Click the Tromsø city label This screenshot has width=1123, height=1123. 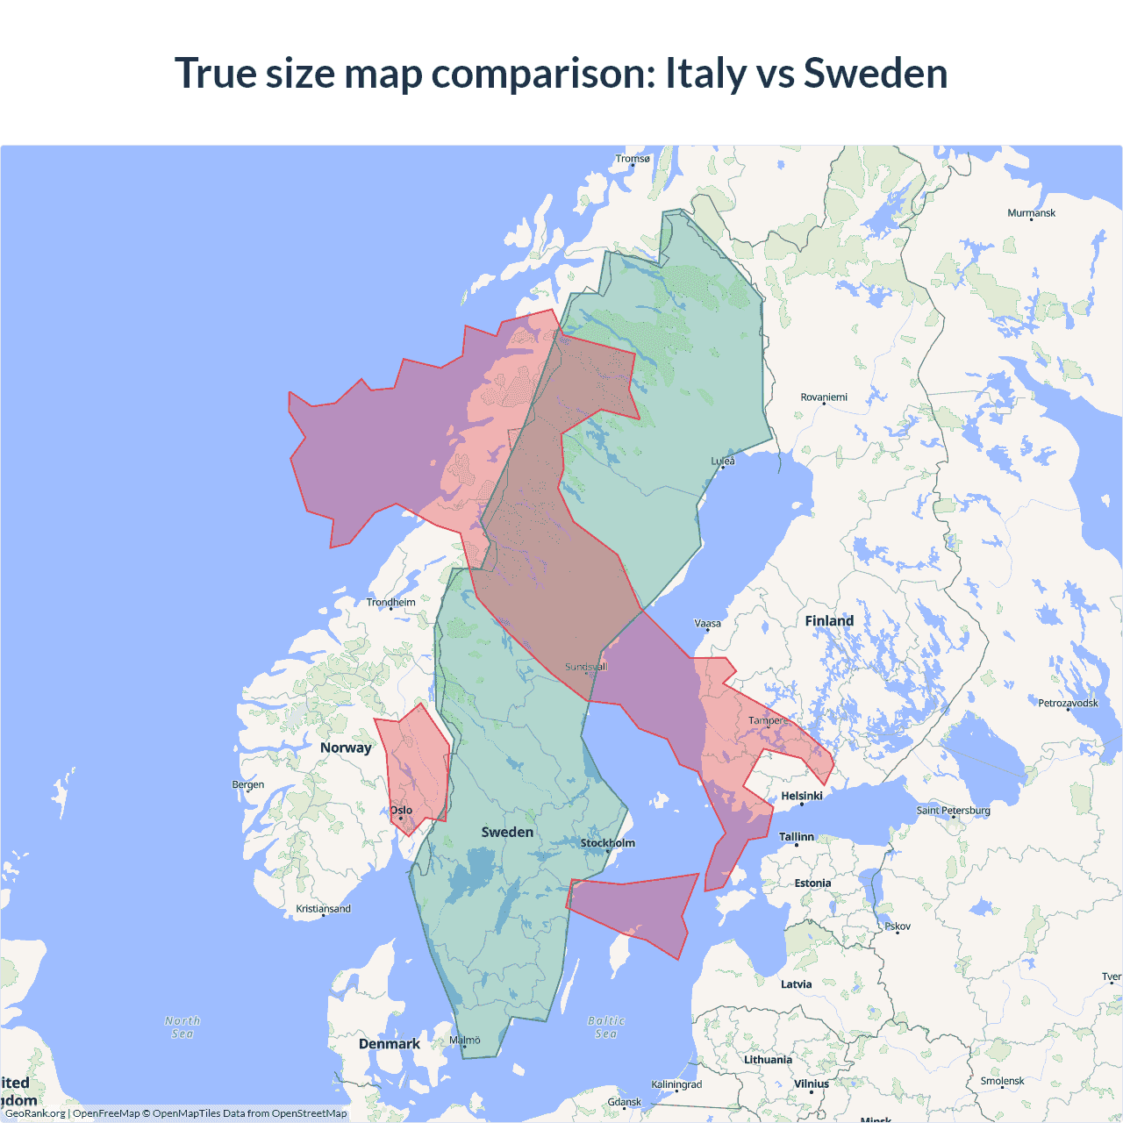pyautogui.click(x=633, y=159)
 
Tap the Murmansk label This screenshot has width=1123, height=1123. pyautogui.click(x=1031, y=213)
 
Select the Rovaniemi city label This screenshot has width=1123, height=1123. pyautogui.click(x=824, y=397)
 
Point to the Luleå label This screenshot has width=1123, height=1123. pyautogui.click(x=723, y=461)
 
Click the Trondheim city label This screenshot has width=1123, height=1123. pyautogui.click(x=391, y=602)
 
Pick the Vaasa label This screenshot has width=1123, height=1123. pyautogui.click(x=707, y=624)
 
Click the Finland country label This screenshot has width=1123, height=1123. pyautogui.click(x=829, y=621)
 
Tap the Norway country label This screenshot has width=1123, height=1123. pyautogui.click(x=346, y=747)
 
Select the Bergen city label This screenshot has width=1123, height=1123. pyautogui.click(x=248, y=784)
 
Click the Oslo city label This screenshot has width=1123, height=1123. pyautogui.click(x=401, y=811)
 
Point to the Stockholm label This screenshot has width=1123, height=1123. pyautogui.click(x=608, y=843)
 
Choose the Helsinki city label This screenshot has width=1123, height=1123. pyautogui.click(x=802, y=796)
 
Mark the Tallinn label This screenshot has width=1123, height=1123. pyautogui.click(x=797, y=837)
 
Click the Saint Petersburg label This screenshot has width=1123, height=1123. pyautogui.click(x=953, y=810)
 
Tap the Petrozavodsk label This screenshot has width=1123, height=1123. pyautogui.click(x=1068, y=703)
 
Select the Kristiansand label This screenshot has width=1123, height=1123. pyautogui.click(x=323, y=909)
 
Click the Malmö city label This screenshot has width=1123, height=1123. pyautogui.click(x=465, y=1041)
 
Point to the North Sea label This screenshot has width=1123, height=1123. pyautogui.click(x=182, y=1027)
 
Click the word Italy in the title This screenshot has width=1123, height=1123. pyautogui.click(x=705, y=73)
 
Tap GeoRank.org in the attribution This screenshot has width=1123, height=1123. pyautogui.click(x=35, y=1113)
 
